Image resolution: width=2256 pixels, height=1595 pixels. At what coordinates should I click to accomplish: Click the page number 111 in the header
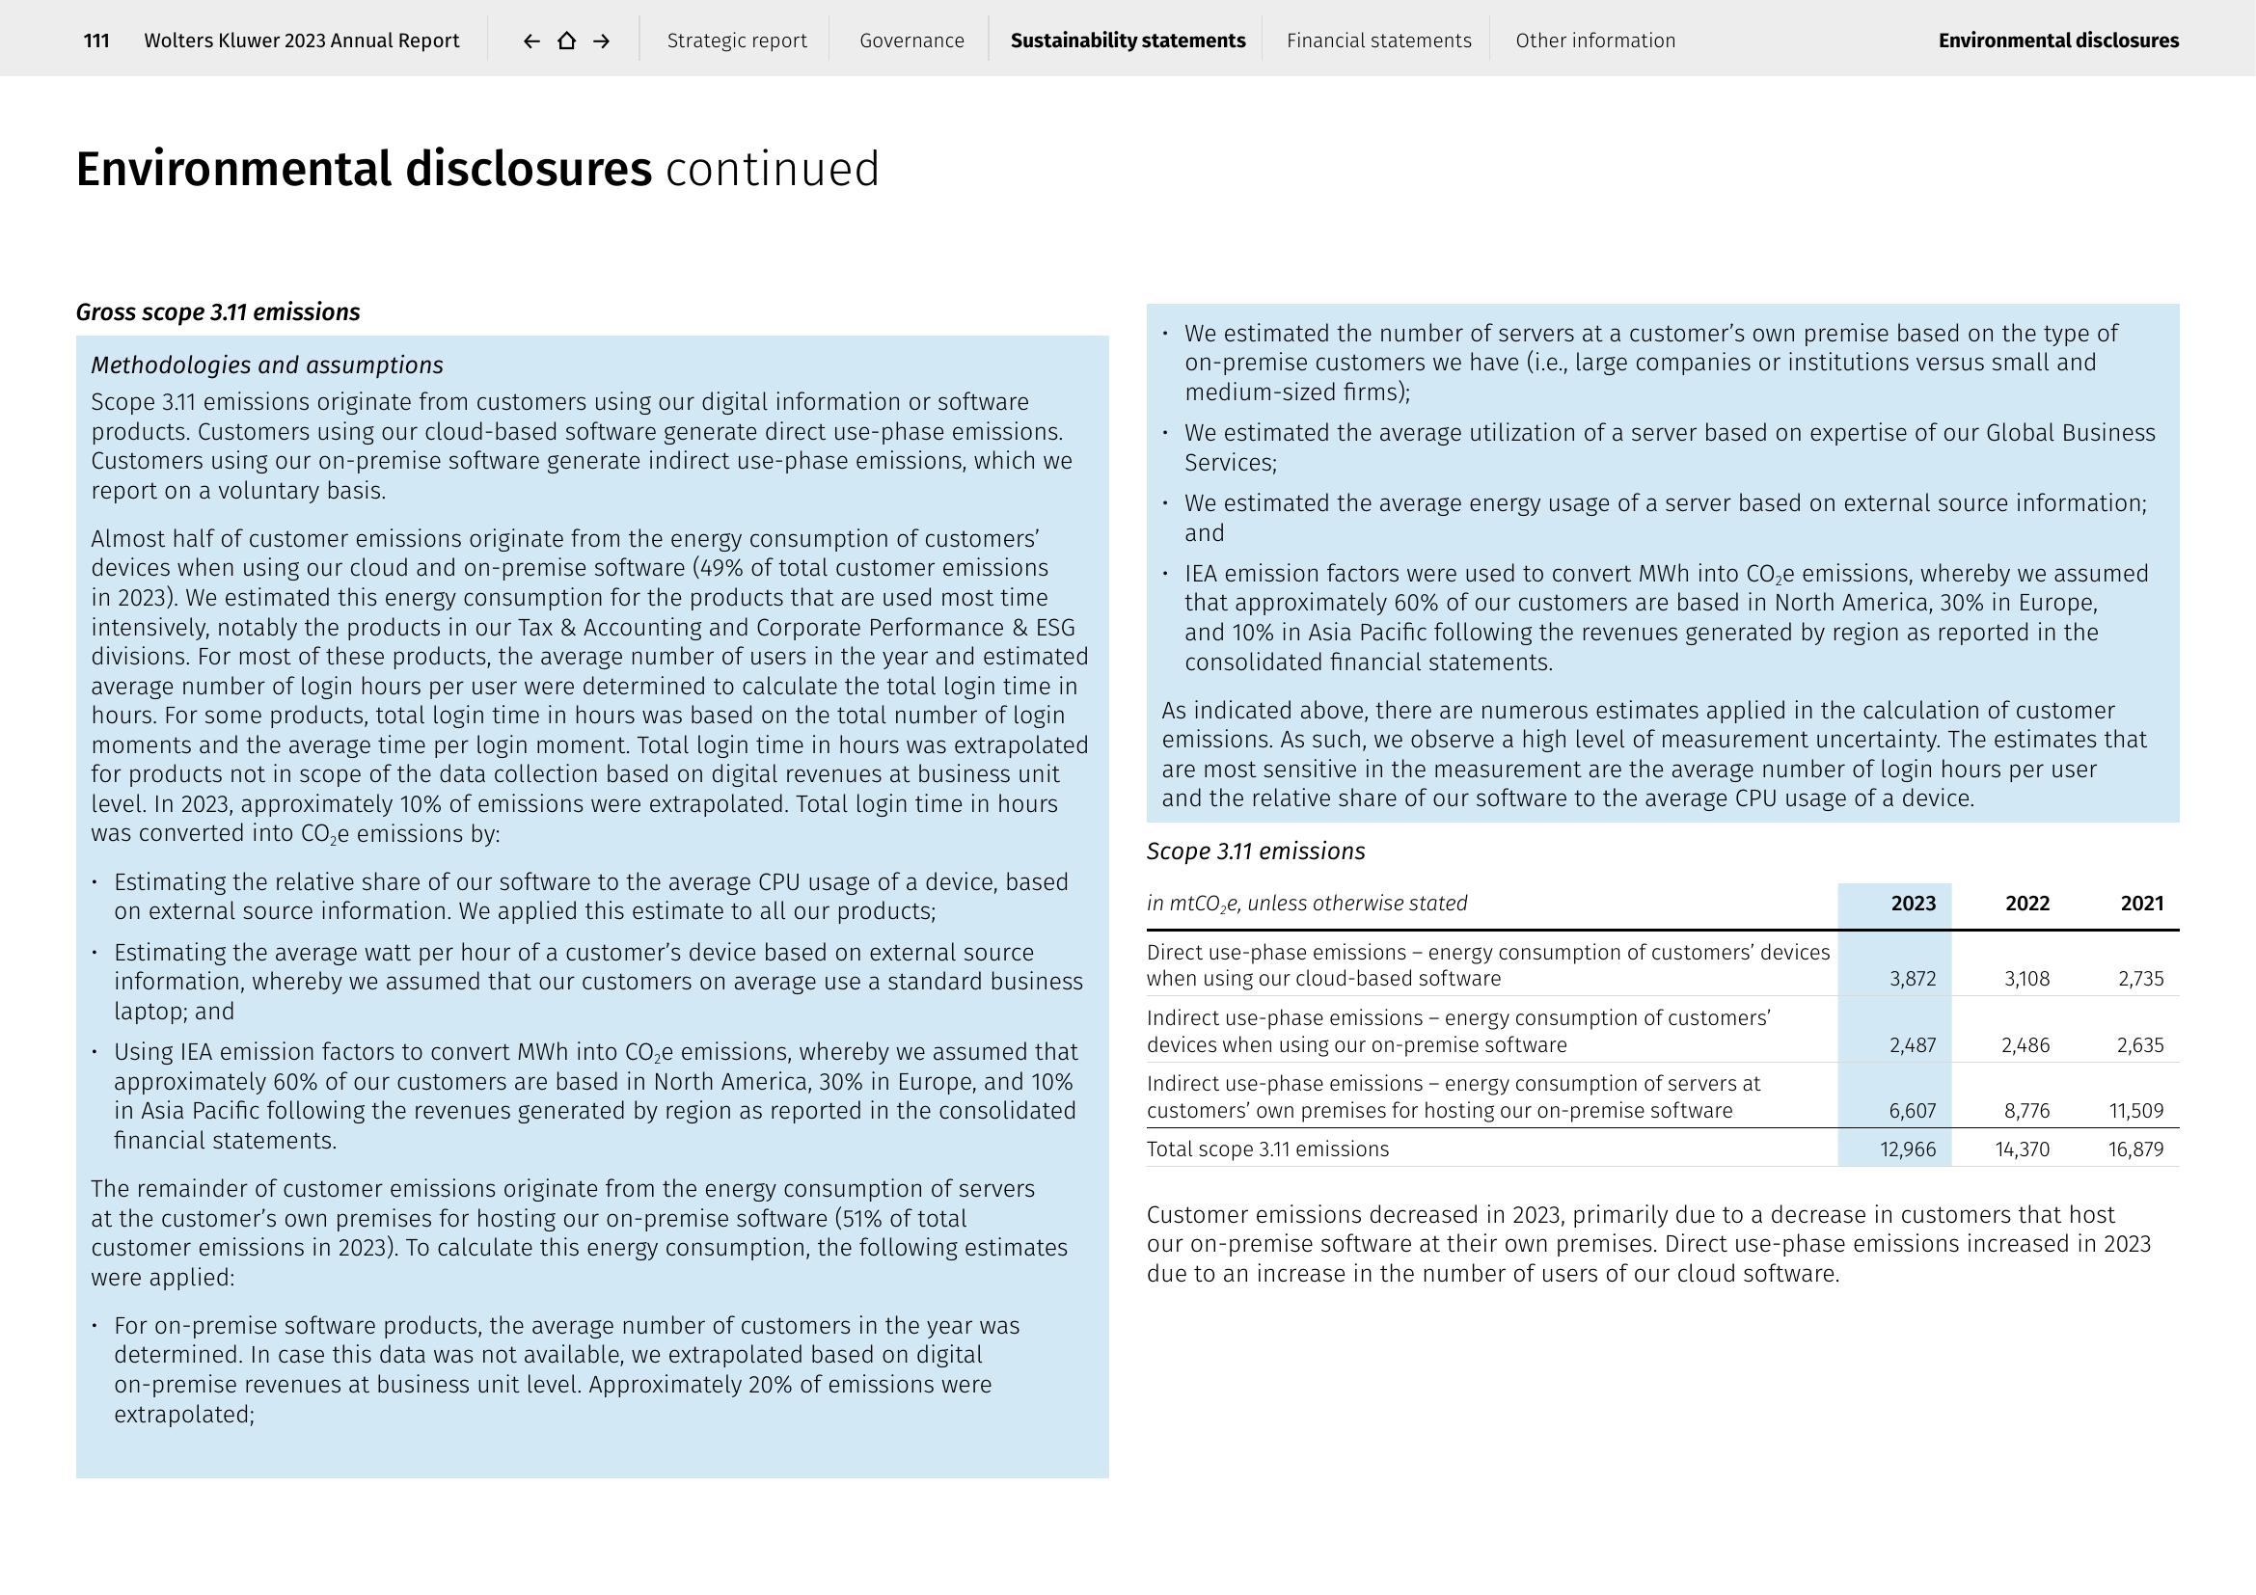tap(96, 41)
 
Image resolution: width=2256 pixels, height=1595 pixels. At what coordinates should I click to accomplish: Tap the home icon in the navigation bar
tap(567, 41)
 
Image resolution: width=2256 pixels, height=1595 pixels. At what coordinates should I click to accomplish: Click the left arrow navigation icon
tap(531, 41)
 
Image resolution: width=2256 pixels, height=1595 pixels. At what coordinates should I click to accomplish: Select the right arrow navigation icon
tap(602, 41)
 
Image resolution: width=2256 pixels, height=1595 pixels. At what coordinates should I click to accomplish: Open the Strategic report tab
tap(737, 41)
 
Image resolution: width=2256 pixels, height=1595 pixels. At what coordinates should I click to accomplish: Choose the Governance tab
tap(911, 41)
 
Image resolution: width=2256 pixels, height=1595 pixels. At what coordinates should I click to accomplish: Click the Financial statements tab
tap(1378, 41)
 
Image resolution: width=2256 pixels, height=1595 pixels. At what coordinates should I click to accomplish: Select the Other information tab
tap(1594, 41)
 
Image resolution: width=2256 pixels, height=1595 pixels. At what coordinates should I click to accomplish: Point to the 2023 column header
tap(1913, 904)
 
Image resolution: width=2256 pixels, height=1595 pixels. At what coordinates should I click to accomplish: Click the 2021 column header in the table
tap(2142, 904)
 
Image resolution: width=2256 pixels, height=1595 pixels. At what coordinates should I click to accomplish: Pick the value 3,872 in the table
tap(1912, 978)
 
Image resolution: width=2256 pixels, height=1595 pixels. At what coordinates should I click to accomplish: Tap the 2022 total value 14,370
tap(2023, 1149)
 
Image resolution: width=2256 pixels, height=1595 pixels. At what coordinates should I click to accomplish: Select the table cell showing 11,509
tap(2136, 1111)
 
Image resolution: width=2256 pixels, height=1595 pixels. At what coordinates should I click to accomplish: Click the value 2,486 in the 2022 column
tap(2025, 1045)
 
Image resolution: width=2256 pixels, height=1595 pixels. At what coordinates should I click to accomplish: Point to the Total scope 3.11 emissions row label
tap(1267, 1149)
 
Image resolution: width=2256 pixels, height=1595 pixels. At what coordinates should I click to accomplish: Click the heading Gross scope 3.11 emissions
tap(218, 312)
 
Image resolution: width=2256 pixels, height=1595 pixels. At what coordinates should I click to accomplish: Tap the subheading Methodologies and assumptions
tap(267, 365)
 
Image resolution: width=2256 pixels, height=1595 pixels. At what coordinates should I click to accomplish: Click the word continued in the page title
tap(773, 169)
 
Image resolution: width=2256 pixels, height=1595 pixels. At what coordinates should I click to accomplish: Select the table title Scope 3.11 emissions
tap(1256, 852)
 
